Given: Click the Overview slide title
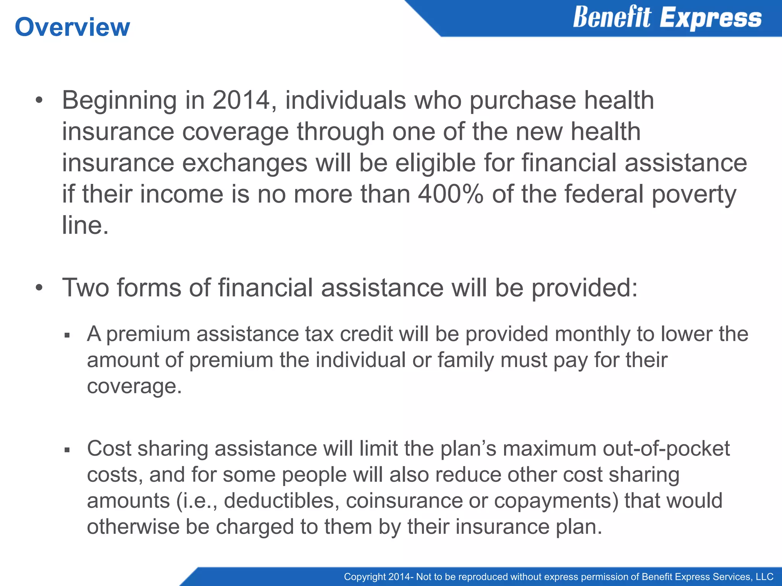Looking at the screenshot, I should click(72, 27).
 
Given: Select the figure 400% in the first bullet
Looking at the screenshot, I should click(451, 194).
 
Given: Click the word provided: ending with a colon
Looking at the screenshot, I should click(585, 288).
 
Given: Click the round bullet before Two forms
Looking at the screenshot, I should click(39, 288).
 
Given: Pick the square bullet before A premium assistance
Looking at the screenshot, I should click(67, 336).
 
